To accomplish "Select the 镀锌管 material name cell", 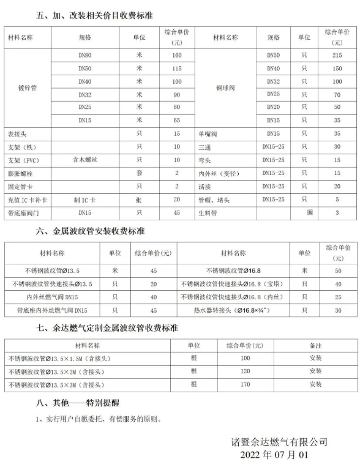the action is pyautogui.click(x=27, y=88).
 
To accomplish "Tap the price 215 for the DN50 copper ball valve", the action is pyautogui.click(x=337, y=55).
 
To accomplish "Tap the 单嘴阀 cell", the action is pyautogui.click(x=209, y=133).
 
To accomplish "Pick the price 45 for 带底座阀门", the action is pyautogui.click(x=177, y=212).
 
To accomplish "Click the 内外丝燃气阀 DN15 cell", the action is pyautogui.click(x=52, y=297).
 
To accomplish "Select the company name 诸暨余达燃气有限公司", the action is pyautogui.click(x=279, y=442).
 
